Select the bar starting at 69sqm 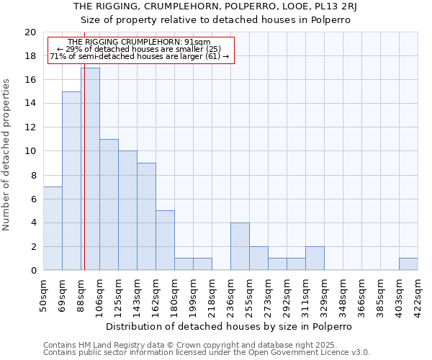point(71,181)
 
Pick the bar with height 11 point(109,204)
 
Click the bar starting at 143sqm point(146,217)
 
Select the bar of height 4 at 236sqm point(240,246)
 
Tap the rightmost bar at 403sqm point(408,264)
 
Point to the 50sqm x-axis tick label point(44,294)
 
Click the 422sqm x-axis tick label point(418,294)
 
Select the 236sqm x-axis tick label point(231,294)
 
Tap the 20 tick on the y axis point(30,32)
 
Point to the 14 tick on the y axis point(30,104)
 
